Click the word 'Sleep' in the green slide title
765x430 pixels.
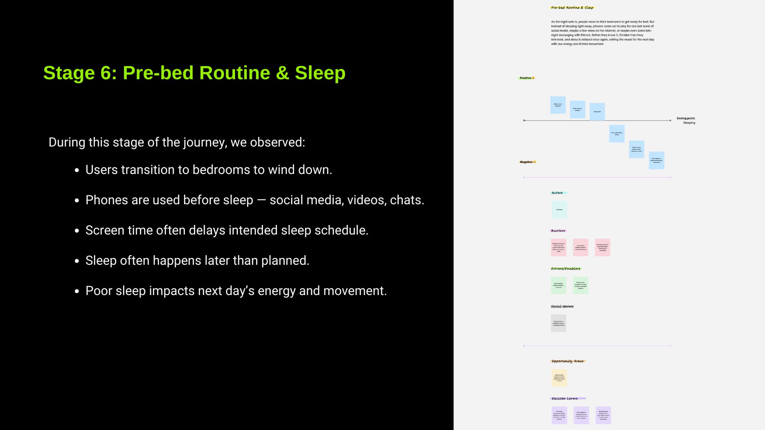coord(320,73)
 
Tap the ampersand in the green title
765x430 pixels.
coord(282,73)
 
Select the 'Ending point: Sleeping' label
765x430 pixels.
coord(686,120)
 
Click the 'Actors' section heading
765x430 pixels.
coord(557,193)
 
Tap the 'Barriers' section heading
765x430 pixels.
coord(558,231)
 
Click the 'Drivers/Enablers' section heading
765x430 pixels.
coord(565,269)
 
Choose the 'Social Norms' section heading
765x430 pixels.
coord(562,307)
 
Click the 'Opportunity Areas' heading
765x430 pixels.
coord(567,361)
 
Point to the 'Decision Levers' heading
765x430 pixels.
coord(565,399)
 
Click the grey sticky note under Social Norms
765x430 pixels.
coord(559,323)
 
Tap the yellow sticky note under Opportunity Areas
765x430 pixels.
coord(559,378)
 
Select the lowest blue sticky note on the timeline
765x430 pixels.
coord(656,160)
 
